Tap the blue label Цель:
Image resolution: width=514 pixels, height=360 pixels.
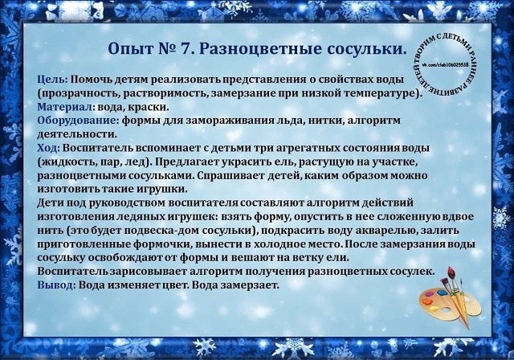[x=52, y=80]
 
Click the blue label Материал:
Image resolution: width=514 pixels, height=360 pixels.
[x=66, y=107]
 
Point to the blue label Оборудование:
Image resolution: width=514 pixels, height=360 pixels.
[x=78, y=121]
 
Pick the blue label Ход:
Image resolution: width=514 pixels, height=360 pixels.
[x=48, y=148]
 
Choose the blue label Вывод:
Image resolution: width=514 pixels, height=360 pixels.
[x=57, y=285]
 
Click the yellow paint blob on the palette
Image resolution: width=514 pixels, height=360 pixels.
[x=434, y=309]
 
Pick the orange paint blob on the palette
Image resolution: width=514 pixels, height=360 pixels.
[x=426, y=301]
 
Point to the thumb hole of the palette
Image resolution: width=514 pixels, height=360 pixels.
[x=447, y=310]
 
